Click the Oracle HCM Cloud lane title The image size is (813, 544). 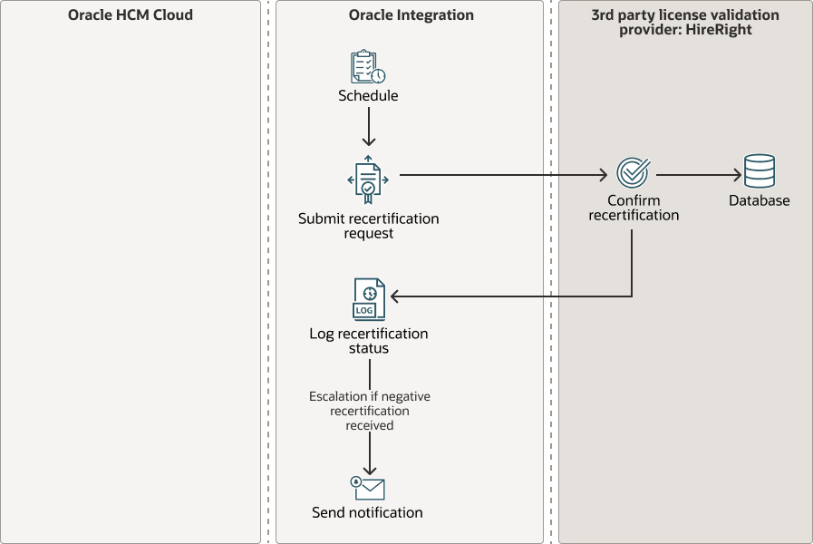click(130, 15)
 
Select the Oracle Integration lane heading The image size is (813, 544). click(411, 15)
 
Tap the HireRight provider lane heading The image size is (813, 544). click(684, 22)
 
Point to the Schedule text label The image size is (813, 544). click(368, 95)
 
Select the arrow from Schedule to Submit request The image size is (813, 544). click(368, 126)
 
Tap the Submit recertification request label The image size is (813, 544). click(368, 226)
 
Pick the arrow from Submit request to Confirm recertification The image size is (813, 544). click(503, 174)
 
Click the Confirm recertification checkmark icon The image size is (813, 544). click(632, 172)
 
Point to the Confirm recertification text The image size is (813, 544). click(634, 208)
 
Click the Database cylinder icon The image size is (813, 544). click(759, 171)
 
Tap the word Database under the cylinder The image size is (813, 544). click(759, 200)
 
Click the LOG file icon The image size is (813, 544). click(368, 299)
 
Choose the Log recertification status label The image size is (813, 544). click(368, 341)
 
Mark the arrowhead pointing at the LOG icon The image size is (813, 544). click(395, 296)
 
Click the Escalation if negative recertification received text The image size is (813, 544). click(369, 411)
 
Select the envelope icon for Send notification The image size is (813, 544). click(368, 488)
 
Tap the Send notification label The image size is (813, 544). click(367, 512)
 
